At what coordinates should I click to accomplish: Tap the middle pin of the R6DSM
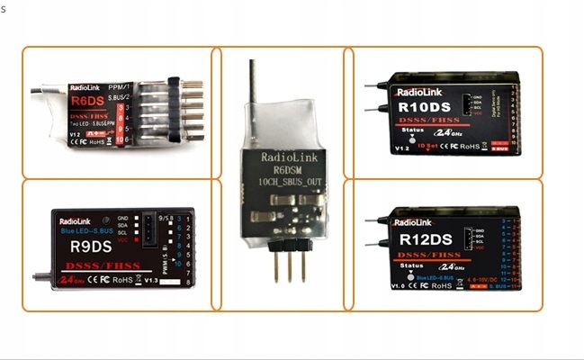point(284,265)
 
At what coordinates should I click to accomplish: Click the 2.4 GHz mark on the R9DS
point(66,280)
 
